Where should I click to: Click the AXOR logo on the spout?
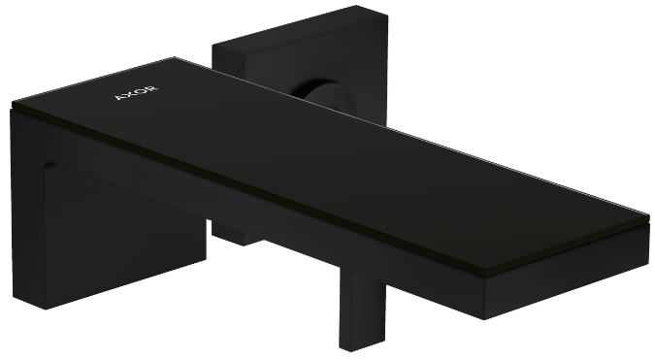pos(135,95)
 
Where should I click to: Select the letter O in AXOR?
pos(140,93)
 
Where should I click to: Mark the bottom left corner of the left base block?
pos(44,309)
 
